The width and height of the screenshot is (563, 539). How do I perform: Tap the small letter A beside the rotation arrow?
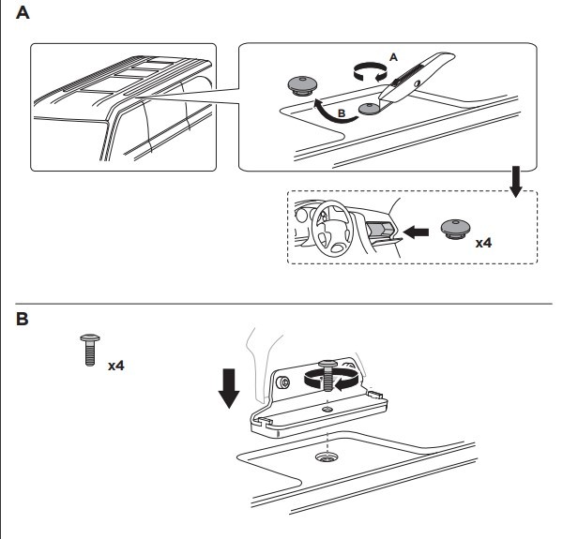392,57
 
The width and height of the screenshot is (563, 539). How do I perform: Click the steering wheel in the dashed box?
327,232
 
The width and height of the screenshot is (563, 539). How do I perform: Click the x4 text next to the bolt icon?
116,364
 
